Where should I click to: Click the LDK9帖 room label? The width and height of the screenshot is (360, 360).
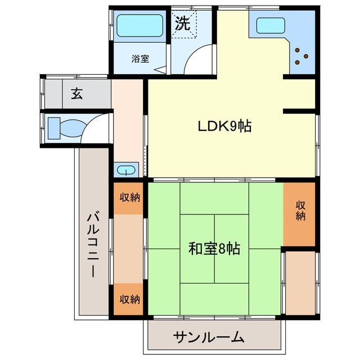[x=225, y=126]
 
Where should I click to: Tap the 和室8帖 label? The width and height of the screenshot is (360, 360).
[x=214, y=249]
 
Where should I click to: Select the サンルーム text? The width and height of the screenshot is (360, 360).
[x=209, y=337]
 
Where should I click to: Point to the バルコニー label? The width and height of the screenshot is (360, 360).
[x=93, y=245]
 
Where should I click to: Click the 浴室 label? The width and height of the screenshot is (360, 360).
[x=140, y=58]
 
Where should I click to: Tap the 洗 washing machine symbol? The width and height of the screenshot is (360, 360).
[x=183, y=23]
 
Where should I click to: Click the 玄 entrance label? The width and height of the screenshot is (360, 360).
[x=77, y=94]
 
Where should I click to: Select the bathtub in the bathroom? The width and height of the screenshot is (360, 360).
[x=140, y=25]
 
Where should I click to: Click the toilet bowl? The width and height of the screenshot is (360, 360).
[x=73, y=128]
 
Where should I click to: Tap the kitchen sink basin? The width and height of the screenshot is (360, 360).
[x=271, y=25]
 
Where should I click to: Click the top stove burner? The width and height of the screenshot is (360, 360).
[x=298, y=50]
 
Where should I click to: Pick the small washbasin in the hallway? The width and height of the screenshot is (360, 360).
[x=126, y=170]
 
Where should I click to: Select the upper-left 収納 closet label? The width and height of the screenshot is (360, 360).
[x=129, y=197]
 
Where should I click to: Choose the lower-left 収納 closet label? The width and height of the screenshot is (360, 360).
[x=129, y=299]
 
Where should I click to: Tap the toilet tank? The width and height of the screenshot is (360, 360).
[x=54, y=128]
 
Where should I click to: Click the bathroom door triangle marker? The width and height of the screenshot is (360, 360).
[x=160, y=70]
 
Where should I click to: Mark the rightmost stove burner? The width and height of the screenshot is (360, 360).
[x=306, y=56]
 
